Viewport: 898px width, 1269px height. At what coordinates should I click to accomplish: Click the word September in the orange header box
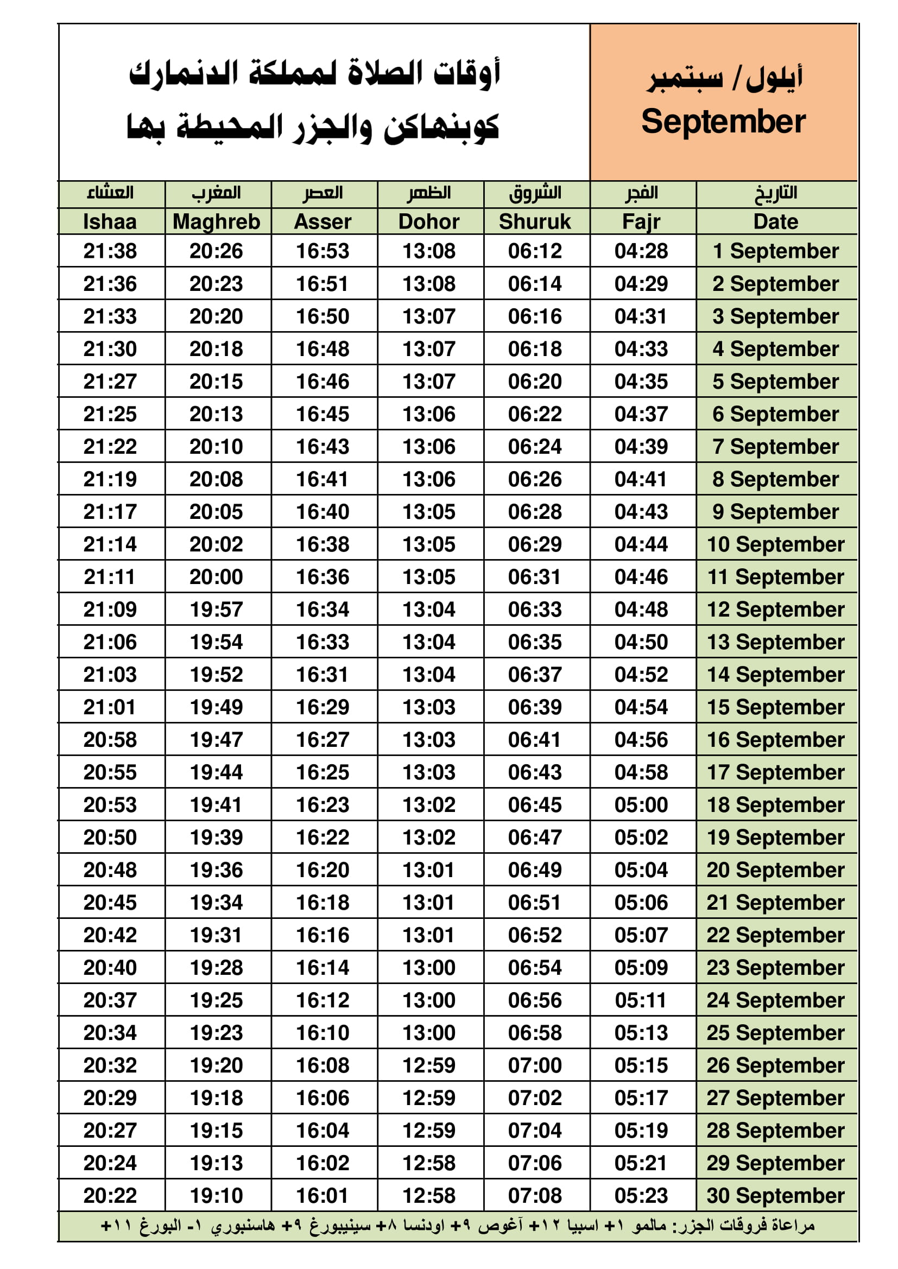723,122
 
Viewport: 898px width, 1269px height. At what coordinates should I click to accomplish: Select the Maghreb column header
216,221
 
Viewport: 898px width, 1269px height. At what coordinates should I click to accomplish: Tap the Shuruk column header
535,221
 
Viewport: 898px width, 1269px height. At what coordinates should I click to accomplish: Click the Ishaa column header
110,221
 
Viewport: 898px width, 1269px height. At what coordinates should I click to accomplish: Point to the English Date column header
775,221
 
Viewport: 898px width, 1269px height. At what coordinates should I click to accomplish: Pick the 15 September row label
775,707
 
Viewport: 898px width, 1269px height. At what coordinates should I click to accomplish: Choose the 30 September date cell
775,1196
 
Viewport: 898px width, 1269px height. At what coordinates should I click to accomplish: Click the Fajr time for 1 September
641,251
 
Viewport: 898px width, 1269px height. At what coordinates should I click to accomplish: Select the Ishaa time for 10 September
110,544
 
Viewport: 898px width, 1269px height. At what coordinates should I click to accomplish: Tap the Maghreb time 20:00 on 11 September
216,577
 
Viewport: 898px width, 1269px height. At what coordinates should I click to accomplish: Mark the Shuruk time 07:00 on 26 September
535,1065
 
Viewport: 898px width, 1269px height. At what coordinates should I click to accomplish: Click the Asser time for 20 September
322,870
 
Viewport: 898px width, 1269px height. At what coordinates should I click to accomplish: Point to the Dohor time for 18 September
428,805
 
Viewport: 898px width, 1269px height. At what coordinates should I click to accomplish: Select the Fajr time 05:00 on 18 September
641,805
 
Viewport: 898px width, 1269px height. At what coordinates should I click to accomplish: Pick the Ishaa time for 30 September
110,1196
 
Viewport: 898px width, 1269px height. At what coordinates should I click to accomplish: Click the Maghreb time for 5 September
216,382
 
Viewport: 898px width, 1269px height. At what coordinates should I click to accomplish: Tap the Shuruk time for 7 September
535,447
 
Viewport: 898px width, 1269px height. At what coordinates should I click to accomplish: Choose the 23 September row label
775,968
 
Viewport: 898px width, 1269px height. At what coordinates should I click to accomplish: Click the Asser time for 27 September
322,1097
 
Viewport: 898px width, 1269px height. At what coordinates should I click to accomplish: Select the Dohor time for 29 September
428,1163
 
